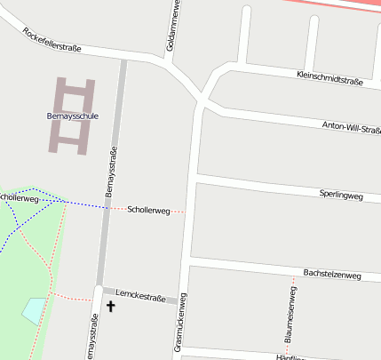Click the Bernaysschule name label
(x=73, y=116)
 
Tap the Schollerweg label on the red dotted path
(x=148, y=211)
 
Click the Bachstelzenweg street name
(x=331, y=276)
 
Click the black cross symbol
(x=111, y=307)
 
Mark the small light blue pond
(x=33, y=310)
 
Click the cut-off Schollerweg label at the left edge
(x=20, y=198)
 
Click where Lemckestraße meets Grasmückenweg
(x=184, y=300)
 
